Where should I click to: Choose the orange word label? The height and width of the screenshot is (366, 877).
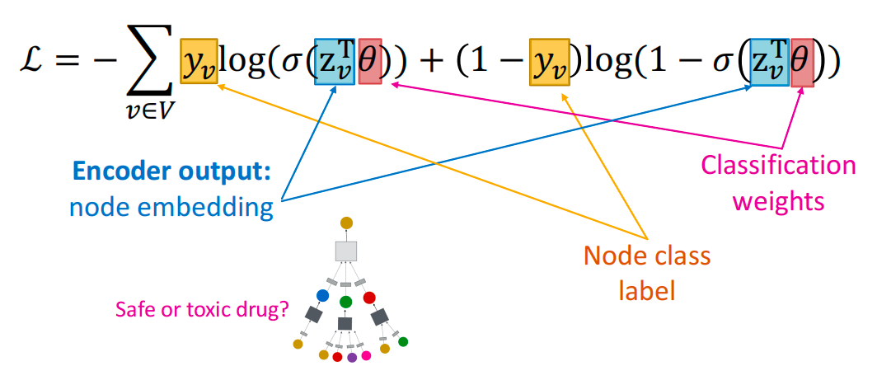pos(646,290)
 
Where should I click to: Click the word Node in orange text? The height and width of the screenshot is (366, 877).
pos(605,257)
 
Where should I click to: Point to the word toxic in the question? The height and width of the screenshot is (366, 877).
pos(203,310)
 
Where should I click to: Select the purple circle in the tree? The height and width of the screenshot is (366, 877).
pos(352,358)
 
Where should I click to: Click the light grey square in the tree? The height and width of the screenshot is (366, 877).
pos(346,251)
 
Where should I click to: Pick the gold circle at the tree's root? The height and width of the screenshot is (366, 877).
pos(347,223)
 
